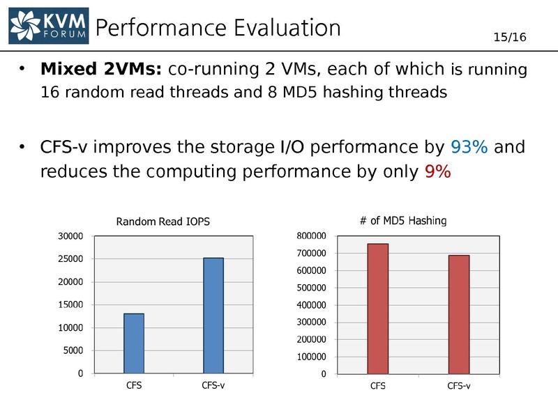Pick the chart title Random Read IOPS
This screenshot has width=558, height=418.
point(163,222)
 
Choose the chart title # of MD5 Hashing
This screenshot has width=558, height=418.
point(402,220)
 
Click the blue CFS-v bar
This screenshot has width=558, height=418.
point(213,316)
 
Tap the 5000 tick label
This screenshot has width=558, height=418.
point(74,350)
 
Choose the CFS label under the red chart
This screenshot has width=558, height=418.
point(377,387)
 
